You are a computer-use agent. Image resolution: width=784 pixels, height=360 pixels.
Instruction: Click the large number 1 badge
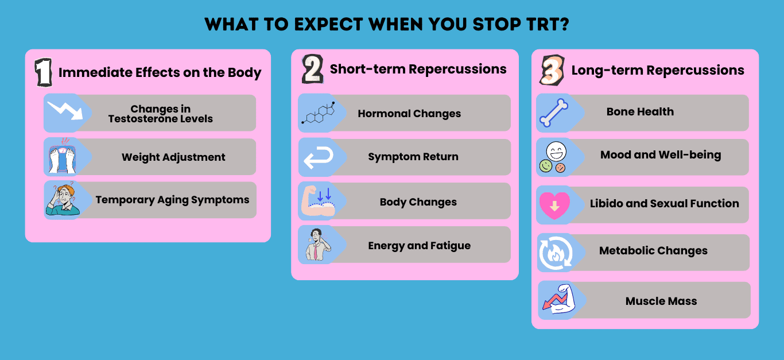[x=44, y=72]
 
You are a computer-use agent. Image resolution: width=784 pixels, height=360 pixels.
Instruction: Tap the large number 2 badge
[x=313, y=69]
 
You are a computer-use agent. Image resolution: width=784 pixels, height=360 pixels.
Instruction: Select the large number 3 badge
[x=552, y=71]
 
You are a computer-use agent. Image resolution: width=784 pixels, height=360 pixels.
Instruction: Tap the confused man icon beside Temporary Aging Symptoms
[x=62, y=200]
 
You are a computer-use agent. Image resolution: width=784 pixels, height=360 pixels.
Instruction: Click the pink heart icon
[x=554, y=205]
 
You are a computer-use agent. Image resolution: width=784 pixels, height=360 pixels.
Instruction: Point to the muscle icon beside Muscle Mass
[x=556, y=300]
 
